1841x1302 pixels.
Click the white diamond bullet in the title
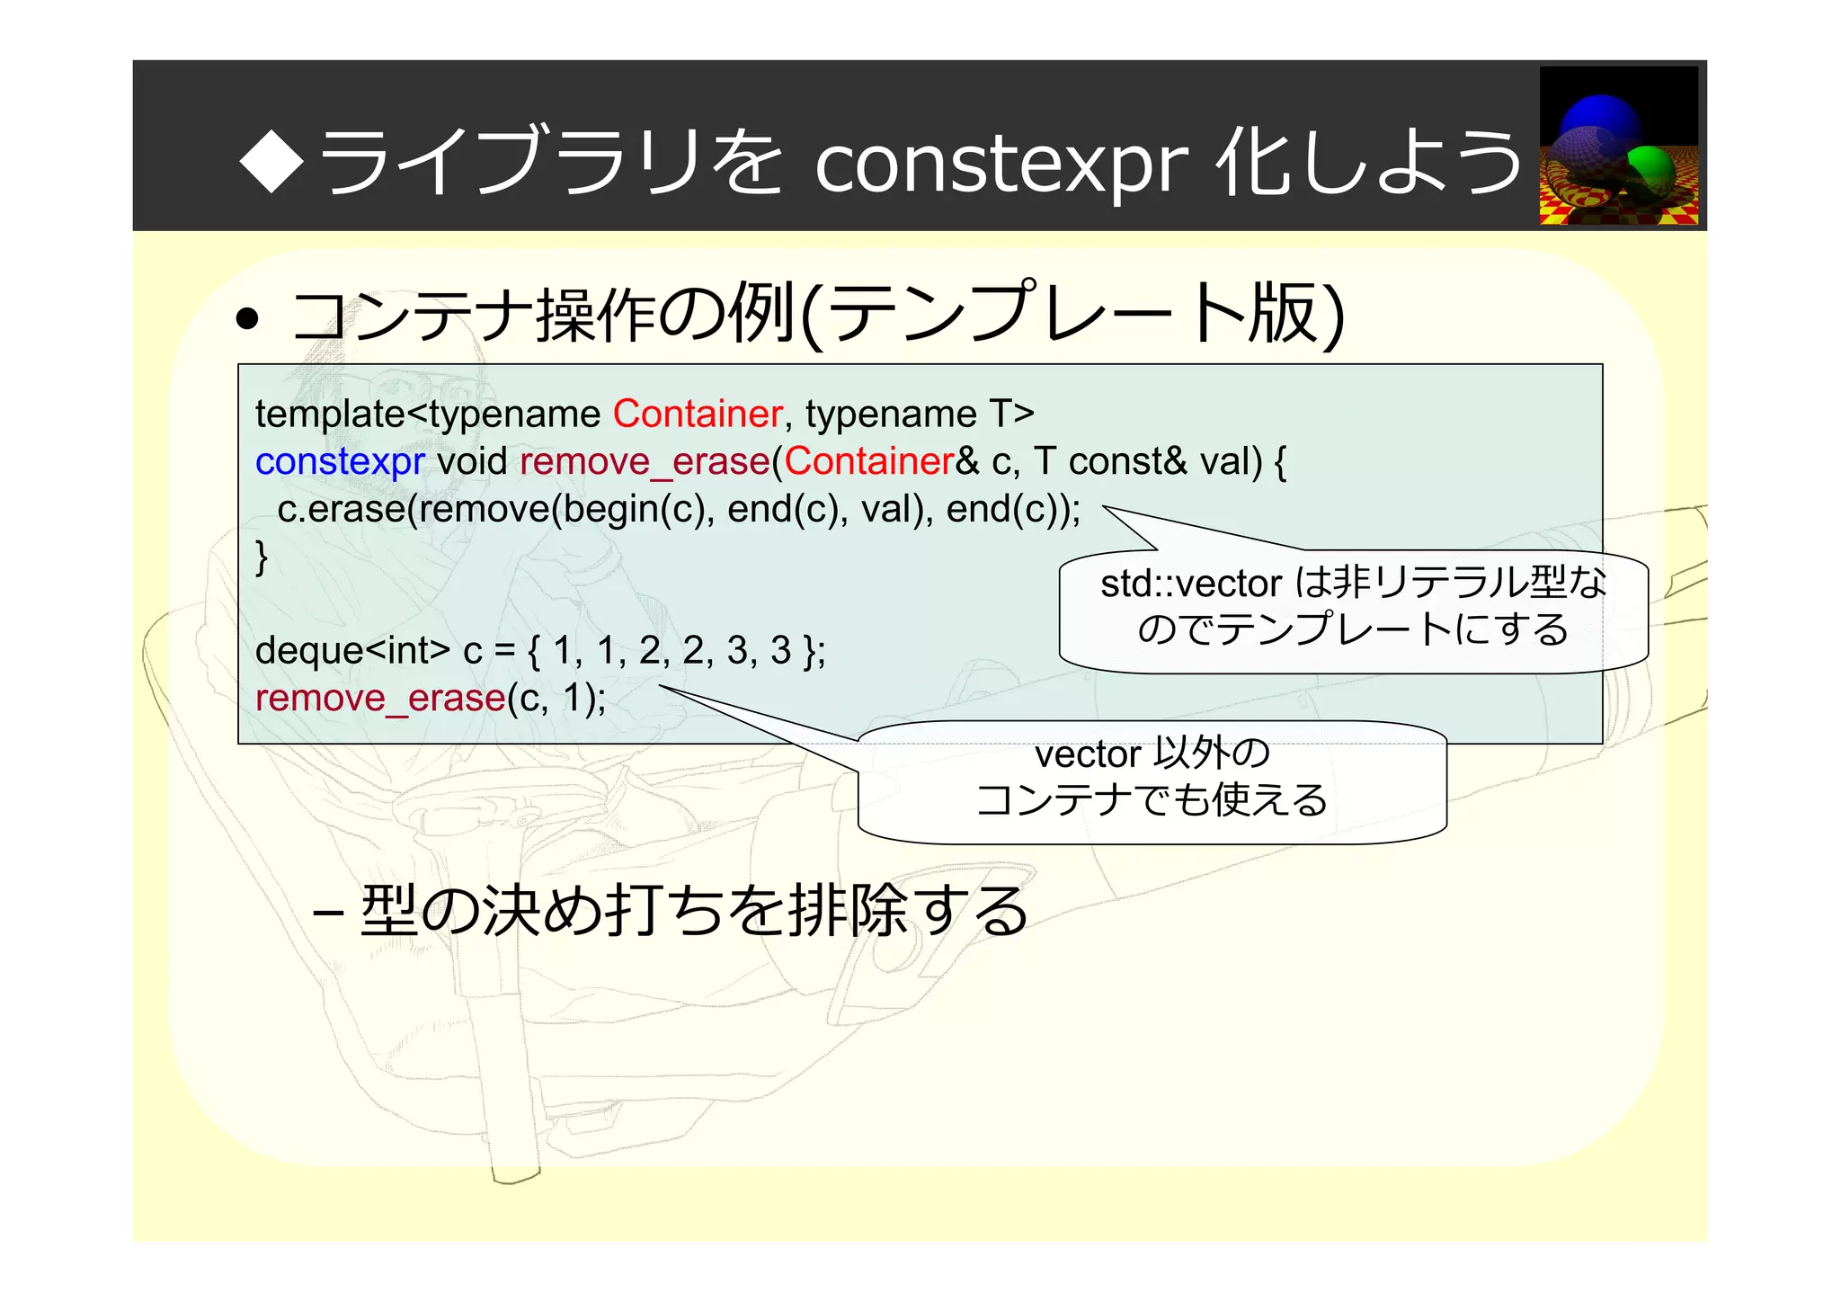tap(271, 161)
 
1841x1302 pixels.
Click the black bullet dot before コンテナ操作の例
tap(247, 319)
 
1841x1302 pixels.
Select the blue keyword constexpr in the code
tap(340, 462)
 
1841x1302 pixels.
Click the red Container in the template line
tap(698, 415)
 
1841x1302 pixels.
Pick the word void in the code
tap(472, 462)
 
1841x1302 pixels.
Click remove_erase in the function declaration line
tap(645, 462)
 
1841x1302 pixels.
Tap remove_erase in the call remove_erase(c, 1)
tap(380, 699)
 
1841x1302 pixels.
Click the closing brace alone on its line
tap(262, 557)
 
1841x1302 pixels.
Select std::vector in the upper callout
tap(1190, 584)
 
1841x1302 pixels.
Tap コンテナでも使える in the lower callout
tap(1152, 800)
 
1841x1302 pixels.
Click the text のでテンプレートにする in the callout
tap(1353, 629)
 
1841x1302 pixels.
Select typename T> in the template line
tap(919, 415)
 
